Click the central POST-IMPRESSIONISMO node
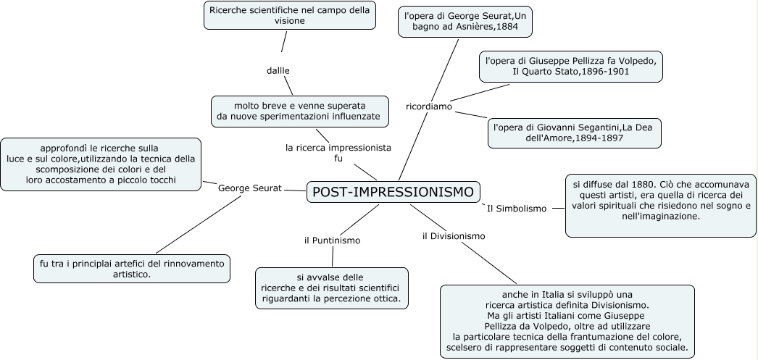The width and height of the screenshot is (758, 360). (x=393, y=192)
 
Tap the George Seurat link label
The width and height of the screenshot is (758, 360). (x=249, y=188)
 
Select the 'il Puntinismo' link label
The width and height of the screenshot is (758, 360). (x=332, y=240)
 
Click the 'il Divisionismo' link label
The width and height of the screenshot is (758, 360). (x=454, y=235)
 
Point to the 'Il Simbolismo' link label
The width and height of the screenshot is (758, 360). (x=516, y=209)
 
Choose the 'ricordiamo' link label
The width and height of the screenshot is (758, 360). (x=429, y=106)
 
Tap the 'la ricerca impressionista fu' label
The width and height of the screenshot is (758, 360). (x=338, y=152)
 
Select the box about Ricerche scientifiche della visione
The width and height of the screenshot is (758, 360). (x=289, y=15)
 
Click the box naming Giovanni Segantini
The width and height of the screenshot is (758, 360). (x=574, y=132)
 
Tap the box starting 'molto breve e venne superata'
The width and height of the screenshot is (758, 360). (x=299, y=110)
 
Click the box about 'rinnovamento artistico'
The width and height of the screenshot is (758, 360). (x=131, y=268)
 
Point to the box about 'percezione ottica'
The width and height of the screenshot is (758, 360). (x=331, y=288)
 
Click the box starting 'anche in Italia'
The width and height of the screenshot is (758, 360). (x=567, y=321)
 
